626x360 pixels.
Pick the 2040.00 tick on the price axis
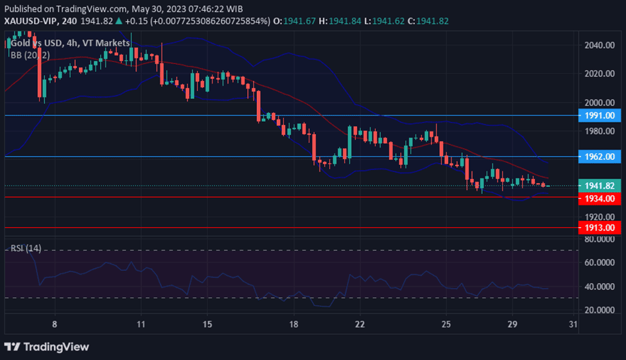coord(600,45)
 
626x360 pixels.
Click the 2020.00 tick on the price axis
coord(600,74)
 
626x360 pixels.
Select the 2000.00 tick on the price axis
coord(600,103)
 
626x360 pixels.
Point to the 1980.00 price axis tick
coord(600,132)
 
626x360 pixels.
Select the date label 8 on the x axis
coord(55,324)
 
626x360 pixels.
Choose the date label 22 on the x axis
coord(360,324)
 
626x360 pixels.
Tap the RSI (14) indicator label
coord(26,248)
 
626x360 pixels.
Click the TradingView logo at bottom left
coord(46,347)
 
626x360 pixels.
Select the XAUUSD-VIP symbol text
coord(31,21)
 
